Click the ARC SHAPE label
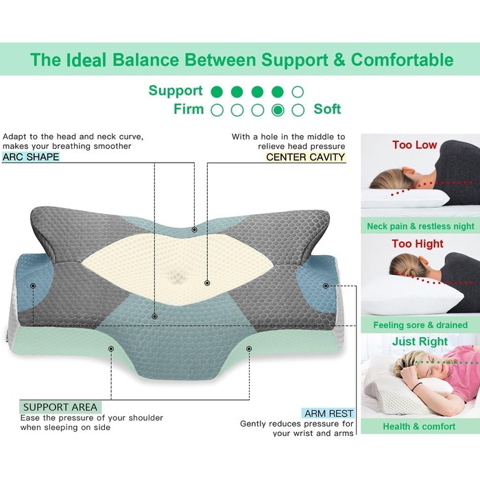click(x=31, y=157)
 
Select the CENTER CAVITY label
click(x=305, y=157)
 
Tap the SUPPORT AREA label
click(x=60, y=407)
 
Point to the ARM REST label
click(x=328, y=413)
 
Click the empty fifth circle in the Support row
click(x=298, y=92)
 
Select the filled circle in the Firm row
click(x=278, y=110)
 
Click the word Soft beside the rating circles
click(x=327, y=109)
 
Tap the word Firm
click(x=189, y=109)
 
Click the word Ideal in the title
click(x=86, y=60)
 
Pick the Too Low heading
click(x=414, y=145)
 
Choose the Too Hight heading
click(x=417, y=243)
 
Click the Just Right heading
click(x=420, y=341)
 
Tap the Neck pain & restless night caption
click(x=420, y=226)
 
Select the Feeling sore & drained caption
click(x=420, y=325)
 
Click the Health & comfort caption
click(x=419, y=427)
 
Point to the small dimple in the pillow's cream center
click(x=177, y=278)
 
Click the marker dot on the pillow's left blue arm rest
click(x=33, y=286)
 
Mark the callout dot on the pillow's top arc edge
click(x=194, y=230)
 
